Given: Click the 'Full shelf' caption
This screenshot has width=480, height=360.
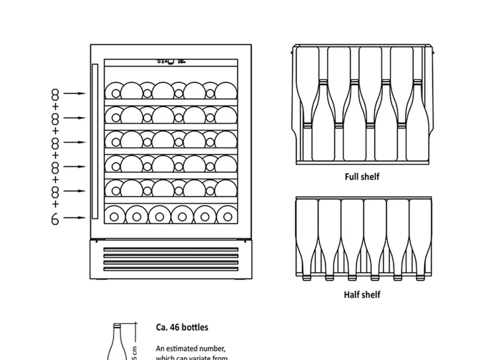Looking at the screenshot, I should point(362,176).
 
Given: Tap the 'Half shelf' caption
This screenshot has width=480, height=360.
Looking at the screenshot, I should point(362,295).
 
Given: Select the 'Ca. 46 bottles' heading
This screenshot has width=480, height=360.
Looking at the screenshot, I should point(182,327).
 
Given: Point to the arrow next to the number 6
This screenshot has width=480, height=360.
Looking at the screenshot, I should point(74,217).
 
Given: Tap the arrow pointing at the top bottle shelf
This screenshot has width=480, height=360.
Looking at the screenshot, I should point(74,93).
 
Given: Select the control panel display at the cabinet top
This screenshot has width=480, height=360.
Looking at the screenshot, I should point(171,62).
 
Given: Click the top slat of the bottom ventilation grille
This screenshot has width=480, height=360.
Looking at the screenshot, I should point(171,249).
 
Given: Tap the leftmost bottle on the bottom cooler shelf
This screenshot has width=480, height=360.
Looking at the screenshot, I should point(114,216).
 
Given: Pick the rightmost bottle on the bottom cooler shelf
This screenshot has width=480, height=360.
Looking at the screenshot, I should point(228,216).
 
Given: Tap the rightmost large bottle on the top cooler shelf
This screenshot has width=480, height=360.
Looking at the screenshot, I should point(226,91).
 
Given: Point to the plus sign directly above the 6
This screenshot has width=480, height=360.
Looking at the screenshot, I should point(55,204).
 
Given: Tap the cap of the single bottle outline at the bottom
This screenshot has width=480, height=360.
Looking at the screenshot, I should point(117,325).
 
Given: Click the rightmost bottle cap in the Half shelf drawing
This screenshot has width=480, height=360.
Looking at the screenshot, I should point(420,278).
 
